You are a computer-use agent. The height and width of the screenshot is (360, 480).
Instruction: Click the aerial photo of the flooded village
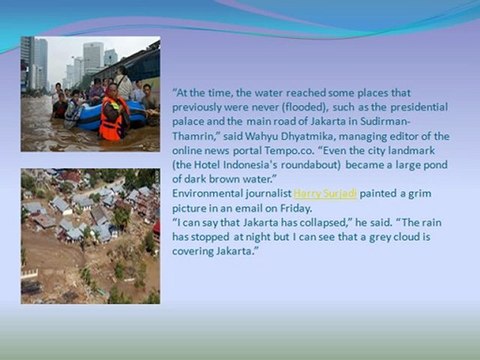[90, 236]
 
